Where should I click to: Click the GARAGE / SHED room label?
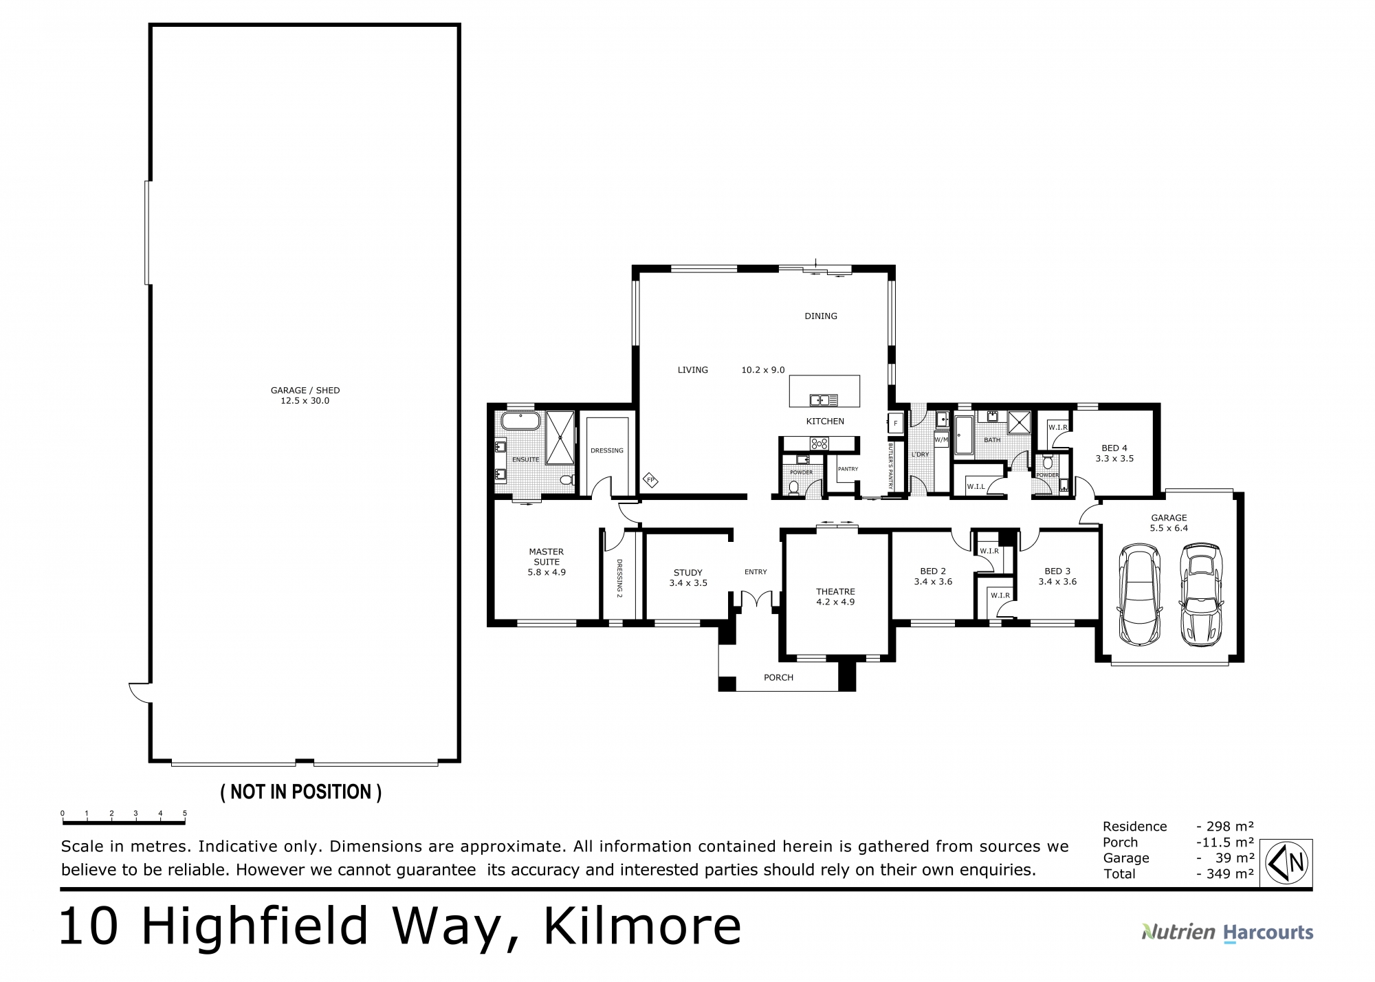coord(305,390)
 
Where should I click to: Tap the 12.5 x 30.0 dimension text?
coord(305,401)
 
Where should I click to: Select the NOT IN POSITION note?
coord(300,792)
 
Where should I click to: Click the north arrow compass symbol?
coord(1286,863)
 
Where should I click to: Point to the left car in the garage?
coord(1140,594)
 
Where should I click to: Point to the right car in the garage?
coord(1201,594)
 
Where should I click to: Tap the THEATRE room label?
coord(835,591)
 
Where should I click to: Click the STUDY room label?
coord(688,572)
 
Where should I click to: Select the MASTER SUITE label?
coord(547,556)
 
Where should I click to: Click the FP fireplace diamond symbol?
coord(650,479)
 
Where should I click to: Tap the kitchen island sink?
coord(823,399)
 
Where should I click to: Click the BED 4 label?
coord(1114,448)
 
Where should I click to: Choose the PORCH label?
coord(778,677)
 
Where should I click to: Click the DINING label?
coord(821,316)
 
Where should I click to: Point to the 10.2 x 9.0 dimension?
coord(762,370)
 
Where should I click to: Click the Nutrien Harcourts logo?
coord(1227,932)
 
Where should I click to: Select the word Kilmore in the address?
coord(643,926)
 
